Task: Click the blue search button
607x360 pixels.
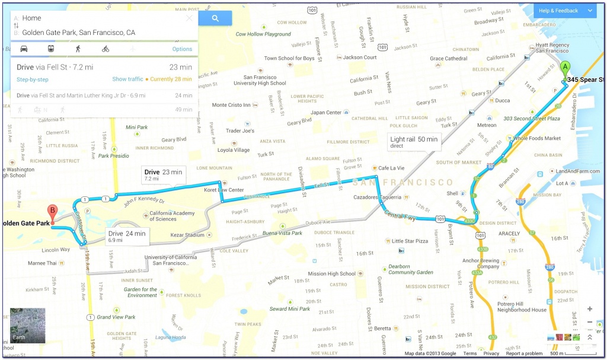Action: coord(215,18)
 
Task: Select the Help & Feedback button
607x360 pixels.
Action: coord(564,11)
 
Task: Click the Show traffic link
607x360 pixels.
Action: coord(127,79)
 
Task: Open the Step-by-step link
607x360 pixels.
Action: coord(33,79)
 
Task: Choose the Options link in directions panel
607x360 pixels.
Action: coord(182,49)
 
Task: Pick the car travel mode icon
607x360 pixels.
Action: coord(24,49)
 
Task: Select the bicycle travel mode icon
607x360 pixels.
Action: coord(106,49)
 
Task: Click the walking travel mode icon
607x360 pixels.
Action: coord(78,49)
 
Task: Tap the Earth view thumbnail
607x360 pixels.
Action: coord(27,326)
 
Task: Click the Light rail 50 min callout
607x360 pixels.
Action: coord(414,142)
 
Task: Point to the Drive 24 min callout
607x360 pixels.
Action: coord(127,236)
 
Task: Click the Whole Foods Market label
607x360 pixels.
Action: coord(536,138)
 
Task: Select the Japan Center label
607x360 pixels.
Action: coord(326,113)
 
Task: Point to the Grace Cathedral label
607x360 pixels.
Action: coord(449,59)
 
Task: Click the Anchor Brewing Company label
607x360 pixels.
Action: coord(480,263)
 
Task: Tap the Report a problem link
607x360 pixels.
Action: coord(524,353)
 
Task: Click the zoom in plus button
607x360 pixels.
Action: coord(590,309)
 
